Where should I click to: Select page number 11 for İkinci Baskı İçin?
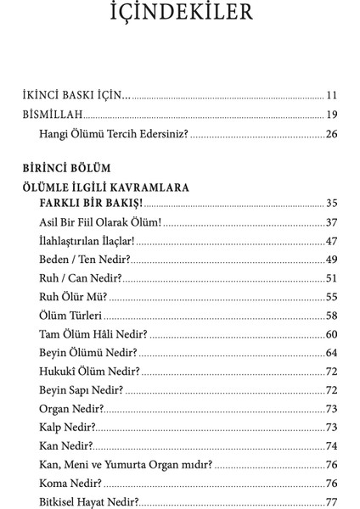[332, 95]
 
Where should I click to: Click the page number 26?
[332, 134]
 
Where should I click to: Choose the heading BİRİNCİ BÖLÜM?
[68, 167]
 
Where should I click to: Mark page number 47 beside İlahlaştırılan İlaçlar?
[332, 241]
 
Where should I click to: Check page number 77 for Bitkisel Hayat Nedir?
[332, 502]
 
